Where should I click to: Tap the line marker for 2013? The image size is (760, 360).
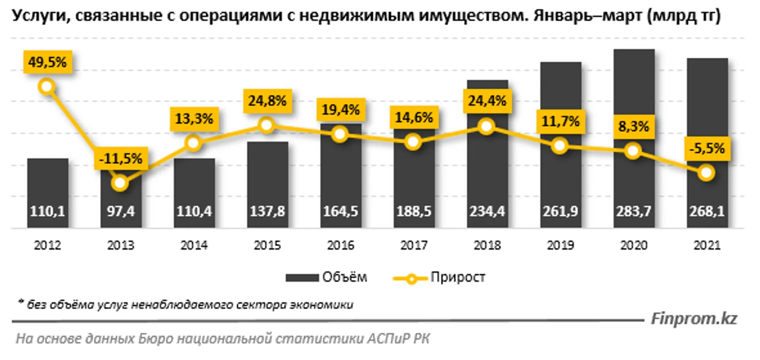[119, 183]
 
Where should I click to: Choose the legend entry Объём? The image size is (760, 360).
[326, 277]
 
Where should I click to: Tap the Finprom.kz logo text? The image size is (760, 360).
[694, 319]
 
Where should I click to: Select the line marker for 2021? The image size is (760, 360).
[707, 173]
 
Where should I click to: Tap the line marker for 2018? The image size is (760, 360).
[486, 126]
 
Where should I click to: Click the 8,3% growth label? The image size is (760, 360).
[634, 127]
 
